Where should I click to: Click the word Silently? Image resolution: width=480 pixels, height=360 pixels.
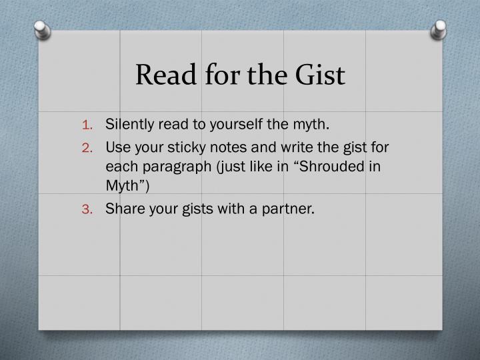130,124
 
